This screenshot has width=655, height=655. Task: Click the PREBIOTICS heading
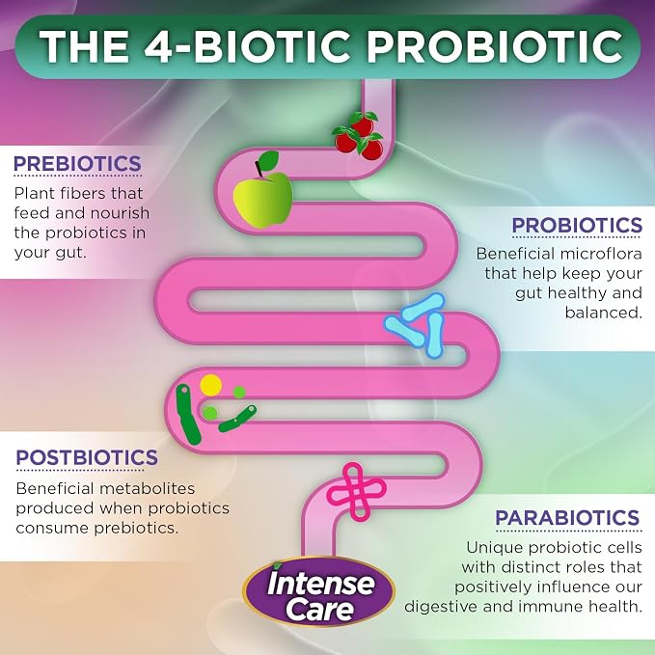click(x=78, y=163)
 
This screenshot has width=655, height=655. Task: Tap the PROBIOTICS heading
click(x=577, y=225)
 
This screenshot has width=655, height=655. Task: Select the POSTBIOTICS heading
click(x=87, y=457)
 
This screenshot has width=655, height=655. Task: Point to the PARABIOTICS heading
click(x=567, y=518)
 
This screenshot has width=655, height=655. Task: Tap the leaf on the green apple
click(x=268, y=160)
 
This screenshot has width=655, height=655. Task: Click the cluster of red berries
click(x=359, y=135)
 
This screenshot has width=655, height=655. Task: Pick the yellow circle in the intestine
click(x=210, y=385)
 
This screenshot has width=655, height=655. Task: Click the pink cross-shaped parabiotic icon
click(x=356, y=491)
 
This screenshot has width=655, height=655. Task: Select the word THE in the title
click(x=84, y=46)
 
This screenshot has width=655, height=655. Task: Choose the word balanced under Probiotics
click(x=604, y=313)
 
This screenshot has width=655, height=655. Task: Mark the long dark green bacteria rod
click(x=189, y=414)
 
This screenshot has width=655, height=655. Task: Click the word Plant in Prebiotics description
click(x=35, y=193)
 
